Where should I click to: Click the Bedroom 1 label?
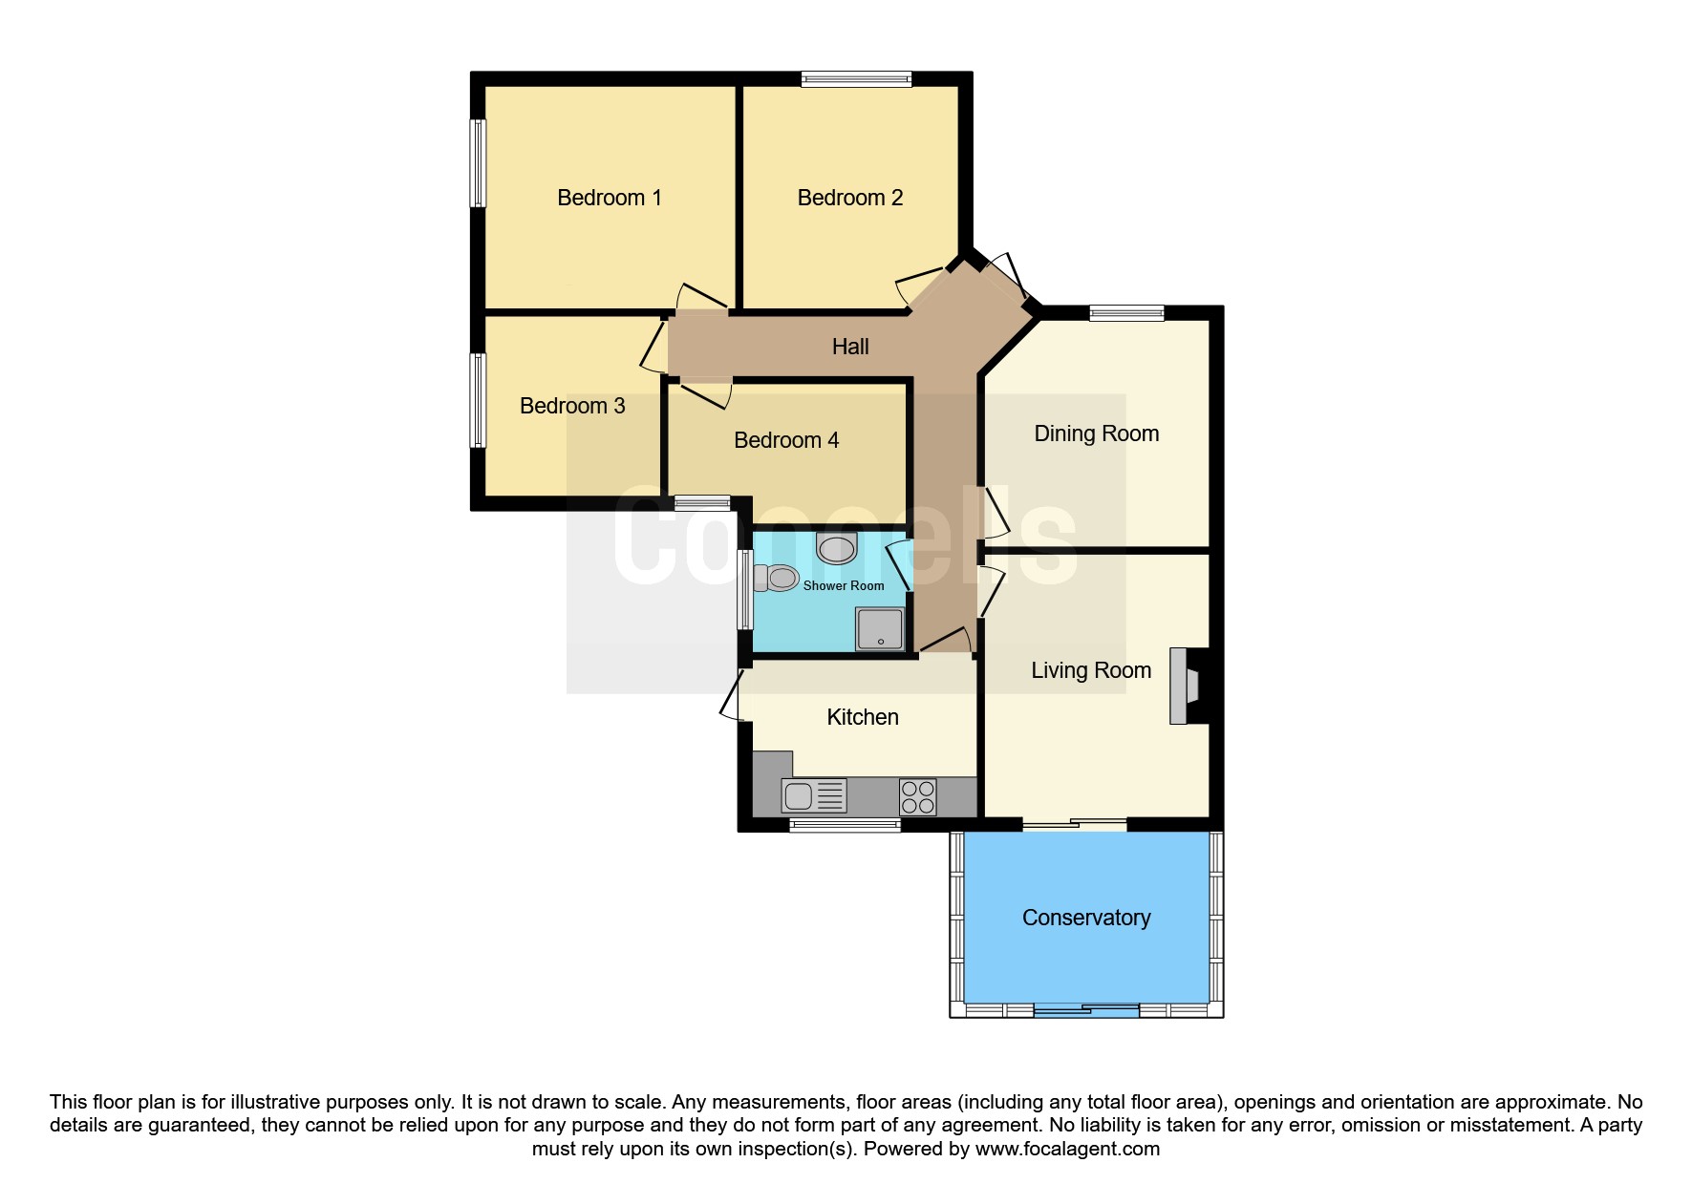tap(609, 198)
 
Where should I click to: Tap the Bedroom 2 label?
tap(849, 198)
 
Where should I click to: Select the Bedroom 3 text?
tap(571, 406)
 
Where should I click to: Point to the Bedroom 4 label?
tap(785, 440)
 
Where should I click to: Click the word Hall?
tap(849, 347)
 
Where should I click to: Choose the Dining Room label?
tap(1096, 433)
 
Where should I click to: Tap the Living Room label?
tap(1090, 670)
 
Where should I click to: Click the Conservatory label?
tap(1085, 918)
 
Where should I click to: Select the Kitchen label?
tap(862, 717)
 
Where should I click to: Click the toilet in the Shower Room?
tap(777, 578)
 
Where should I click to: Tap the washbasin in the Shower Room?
tap(837, 549)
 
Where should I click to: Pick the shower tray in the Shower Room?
tap(879, 629)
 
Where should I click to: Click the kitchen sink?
tap(813, 794)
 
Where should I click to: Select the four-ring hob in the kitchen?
tap(917, 796)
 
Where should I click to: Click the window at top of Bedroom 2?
tap(855, 80)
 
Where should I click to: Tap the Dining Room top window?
tap(1126, 312)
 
